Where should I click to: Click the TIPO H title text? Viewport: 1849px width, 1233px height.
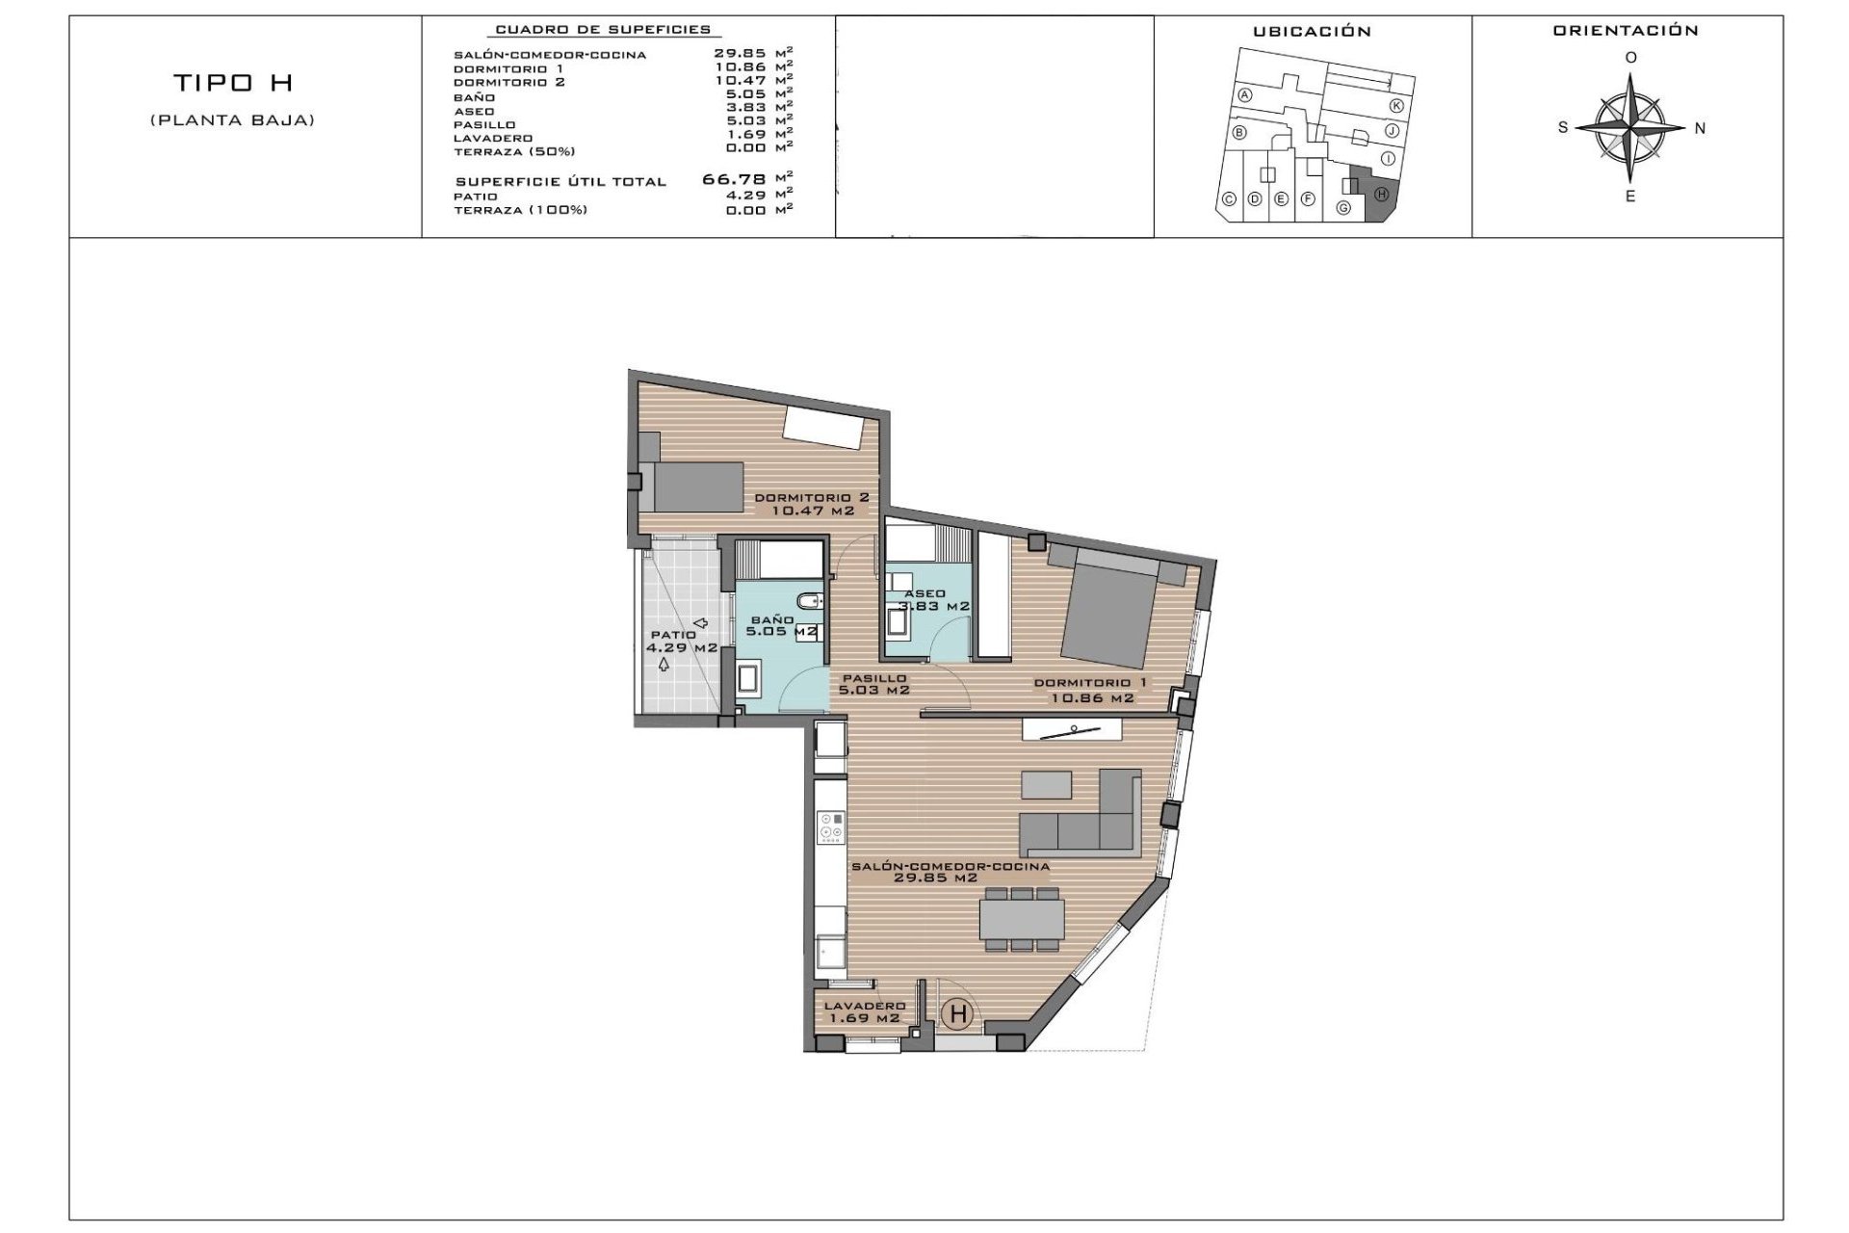pos(232,84)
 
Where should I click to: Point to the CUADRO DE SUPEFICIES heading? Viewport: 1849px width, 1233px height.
pos(603,31)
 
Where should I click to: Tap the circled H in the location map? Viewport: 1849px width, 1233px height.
pos(1381,194)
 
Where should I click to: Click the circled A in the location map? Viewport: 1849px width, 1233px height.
pos(1245,95)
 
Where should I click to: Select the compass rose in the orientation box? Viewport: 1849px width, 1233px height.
pos(1630,127)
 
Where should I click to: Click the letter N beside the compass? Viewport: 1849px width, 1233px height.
pos(1700,128)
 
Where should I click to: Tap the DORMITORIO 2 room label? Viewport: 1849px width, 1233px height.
pos(812,504)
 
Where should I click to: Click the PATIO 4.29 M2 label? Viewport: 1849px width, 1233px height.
pos(682,642)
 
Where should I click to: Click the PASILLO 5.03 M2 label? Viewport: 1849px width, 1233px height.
pos(873,684)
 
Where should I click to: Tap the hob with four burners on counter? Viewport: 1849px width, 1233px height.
pos(831,826)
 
